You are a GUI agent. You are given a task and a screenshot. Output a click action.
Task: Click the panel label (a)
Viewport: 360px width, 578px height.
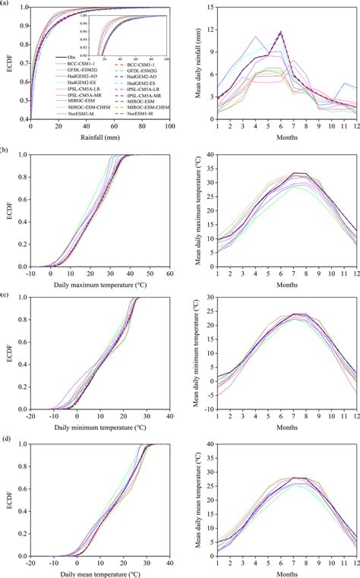(5, 4)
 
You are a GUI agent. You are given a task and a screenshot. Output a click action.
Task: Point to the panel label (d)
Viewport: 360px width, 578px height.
(5, 438)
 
